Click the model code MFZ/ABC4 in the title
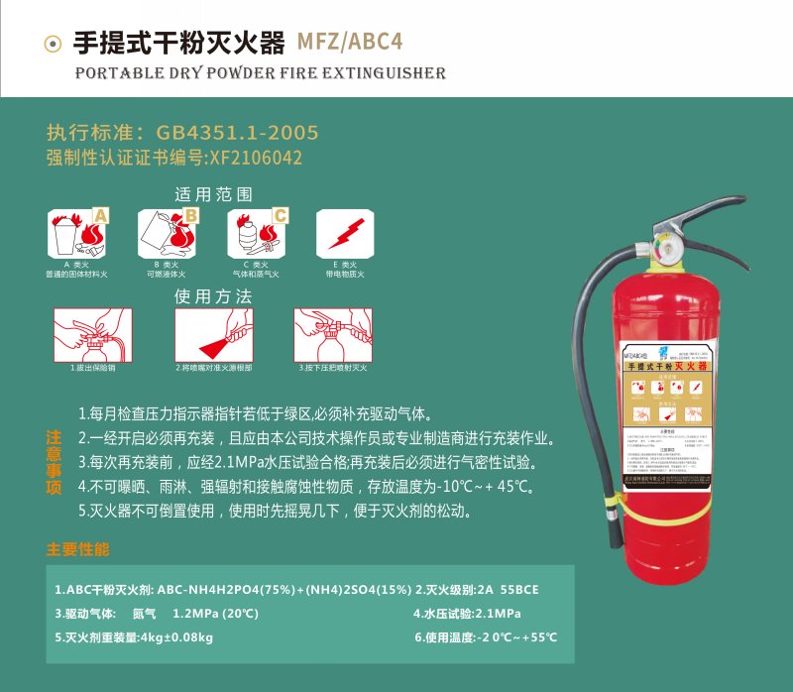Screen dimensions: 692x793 point(350,43)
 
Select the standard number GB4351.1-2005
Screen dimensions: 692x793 point(231,133)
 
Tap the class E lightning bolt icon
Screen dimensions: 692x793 point(344,234)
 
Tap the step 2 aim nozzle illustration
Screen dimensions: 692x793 point(213,334)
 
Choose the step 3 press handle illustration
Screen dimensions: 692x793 point(332,334)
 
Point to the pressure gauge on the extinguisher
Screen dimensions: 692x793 point(663,245)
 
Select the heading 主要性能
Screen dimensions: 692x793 point(78,549)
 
